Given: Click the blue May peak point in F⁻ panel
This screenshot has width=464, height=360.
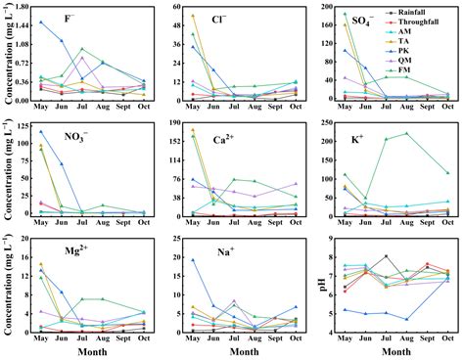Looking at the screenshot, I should pos(40,22).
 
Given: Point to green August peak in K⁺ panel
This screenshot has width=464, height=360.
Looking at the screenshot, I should pos(406,133).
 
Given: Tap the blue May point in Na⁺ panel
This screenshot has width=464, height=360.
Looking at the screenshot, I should pos(193,260).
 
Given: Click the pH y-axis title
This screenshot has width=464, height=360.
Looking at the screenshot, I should pos(316,287).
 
